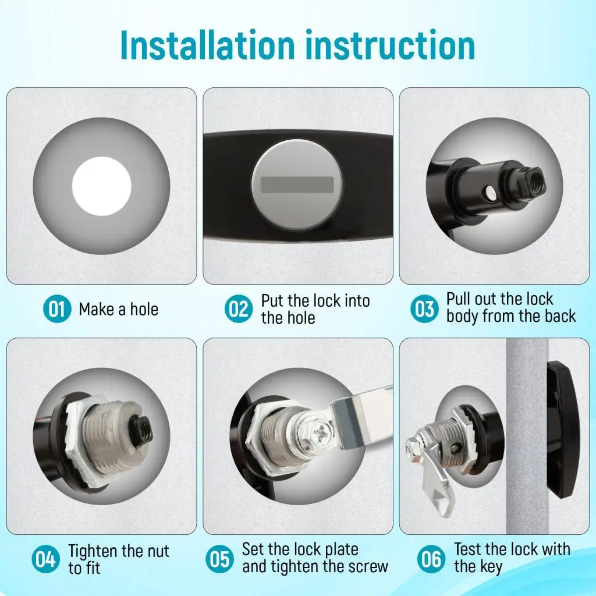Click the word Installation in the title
[x=208, y=45]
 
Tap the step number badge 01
[x=57, y=308]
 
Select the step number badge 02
[x=238, y=308]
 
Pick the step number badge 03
[x=424, y=308]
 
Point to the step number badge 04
[x=45, y=559]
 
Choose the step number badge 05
[x=219, y=559]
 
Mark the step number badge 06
[x=431, y=559]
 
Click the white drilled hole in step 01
[x=101, y=186]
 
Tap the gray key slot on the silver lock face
[x=297, y=185]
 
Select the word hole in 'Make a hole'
[x=144, y=310]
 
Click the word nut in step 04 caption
[x=155, y=551]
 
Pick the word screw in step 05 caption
[x=368, y=567]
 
